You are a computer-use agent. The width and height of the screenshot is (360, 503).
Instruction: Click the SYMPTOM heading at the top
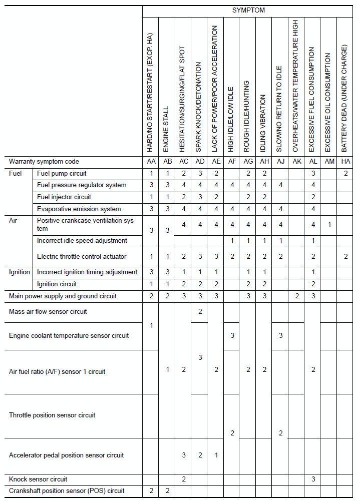point(248,10)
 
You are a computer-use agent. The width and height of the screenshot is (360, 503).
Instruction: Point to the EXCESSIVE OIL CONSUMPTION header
point(328,102)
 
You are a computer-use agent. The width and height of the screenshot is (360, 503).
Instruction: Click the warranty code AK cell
point(296,162)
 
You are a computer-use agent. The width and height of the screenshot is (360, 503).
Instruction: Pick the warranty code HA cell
point(344,162)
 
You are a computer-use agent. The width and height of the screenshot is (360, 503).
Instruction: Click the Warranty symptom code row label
point(44,162)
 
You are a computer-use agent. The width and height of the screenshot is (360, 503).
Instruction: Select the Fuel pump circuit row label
point(62,174)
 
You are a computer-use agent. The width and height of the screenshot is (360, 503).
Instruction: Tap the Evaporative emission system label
point(79,209)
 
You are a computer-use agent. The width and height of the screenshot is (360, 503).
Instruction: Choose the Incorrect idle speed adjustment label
point(82,241)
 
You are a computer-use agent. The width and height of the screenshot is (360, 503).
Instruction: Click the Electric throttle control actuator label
point(82,257)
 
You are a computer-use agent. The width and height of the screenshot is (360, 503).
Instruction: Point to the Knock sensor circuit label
point(38,479)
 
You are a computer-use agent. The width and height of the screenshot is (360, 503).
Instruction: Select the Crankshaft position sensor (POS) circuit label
point(67,491)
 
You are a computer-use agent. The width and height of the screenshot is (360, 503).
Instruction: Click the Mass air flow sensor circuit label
point(48,312)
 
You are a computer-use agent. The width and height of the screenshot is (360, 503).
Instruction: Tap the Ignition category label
point(20,272)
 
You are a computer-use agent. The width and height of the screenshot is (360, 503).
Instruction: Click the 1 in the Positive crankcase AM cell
point(328,225)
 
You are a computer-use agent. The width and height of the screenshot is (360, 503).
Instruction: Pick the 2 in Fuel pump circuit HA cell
point(345,174)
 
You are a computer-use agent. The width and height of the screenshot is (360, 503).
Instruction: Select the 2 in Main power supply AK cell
point(296,296)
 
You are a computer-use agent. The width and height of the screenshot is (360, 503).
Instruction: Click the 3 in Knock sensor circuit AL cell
point(313,479)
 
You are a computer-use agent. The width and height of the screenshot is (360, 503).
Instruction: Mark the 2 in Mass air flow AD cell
point(200,312)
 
